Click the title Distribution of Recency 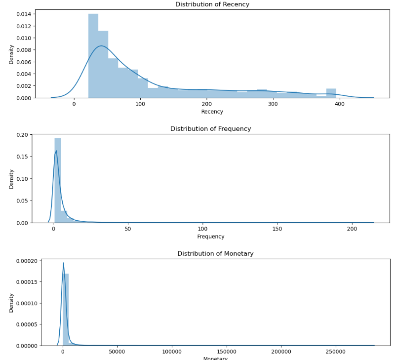click(x=212, y=4)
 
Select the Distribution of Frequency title click(x=211, y=129)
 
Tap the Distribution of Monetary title click(x=215, y=254)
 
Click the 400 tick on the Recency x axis click(x=340, y=104)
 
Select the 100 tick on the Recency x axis click(x=140, y=104)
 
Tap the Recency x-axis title click(x=212, y=112)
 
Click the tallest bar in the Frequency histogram click(x=58, y=180)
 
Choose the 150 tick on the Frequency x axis click(x=277, y=229)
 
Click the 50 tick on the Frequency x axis click(x=128, y=229)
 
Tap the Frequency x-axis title click(x=211, y=237)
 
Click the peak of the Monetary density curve click(x=63, y=263)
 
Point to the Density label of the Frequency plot click(x=11, y=178)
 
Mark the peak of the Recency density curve click(x=101, y=46)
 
